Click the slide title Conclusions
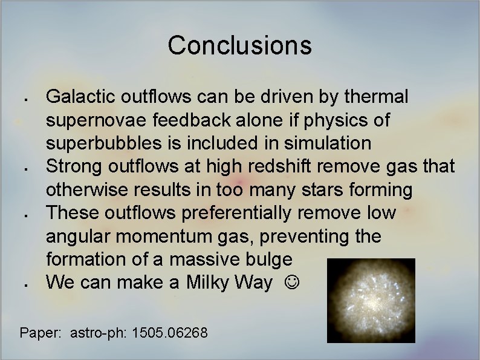pos(239,45)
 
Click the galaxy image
pos(371,300)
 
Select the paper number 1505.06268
pos(170,332)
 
